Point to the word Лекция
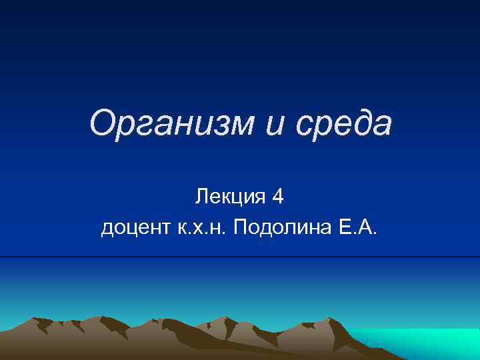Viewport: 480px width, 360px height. pos(227,197)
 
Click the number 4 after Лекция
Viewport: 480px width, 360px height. pos(278,197)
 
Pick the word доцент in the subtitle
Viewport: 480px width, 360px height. pos(135,230)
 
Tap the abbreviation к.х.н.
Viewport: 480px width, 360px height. pos(200,230)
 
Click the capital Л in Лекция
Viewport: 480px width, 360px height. pos(201,197)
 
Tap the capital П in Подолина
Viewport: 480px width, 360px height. pos(238,230)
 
